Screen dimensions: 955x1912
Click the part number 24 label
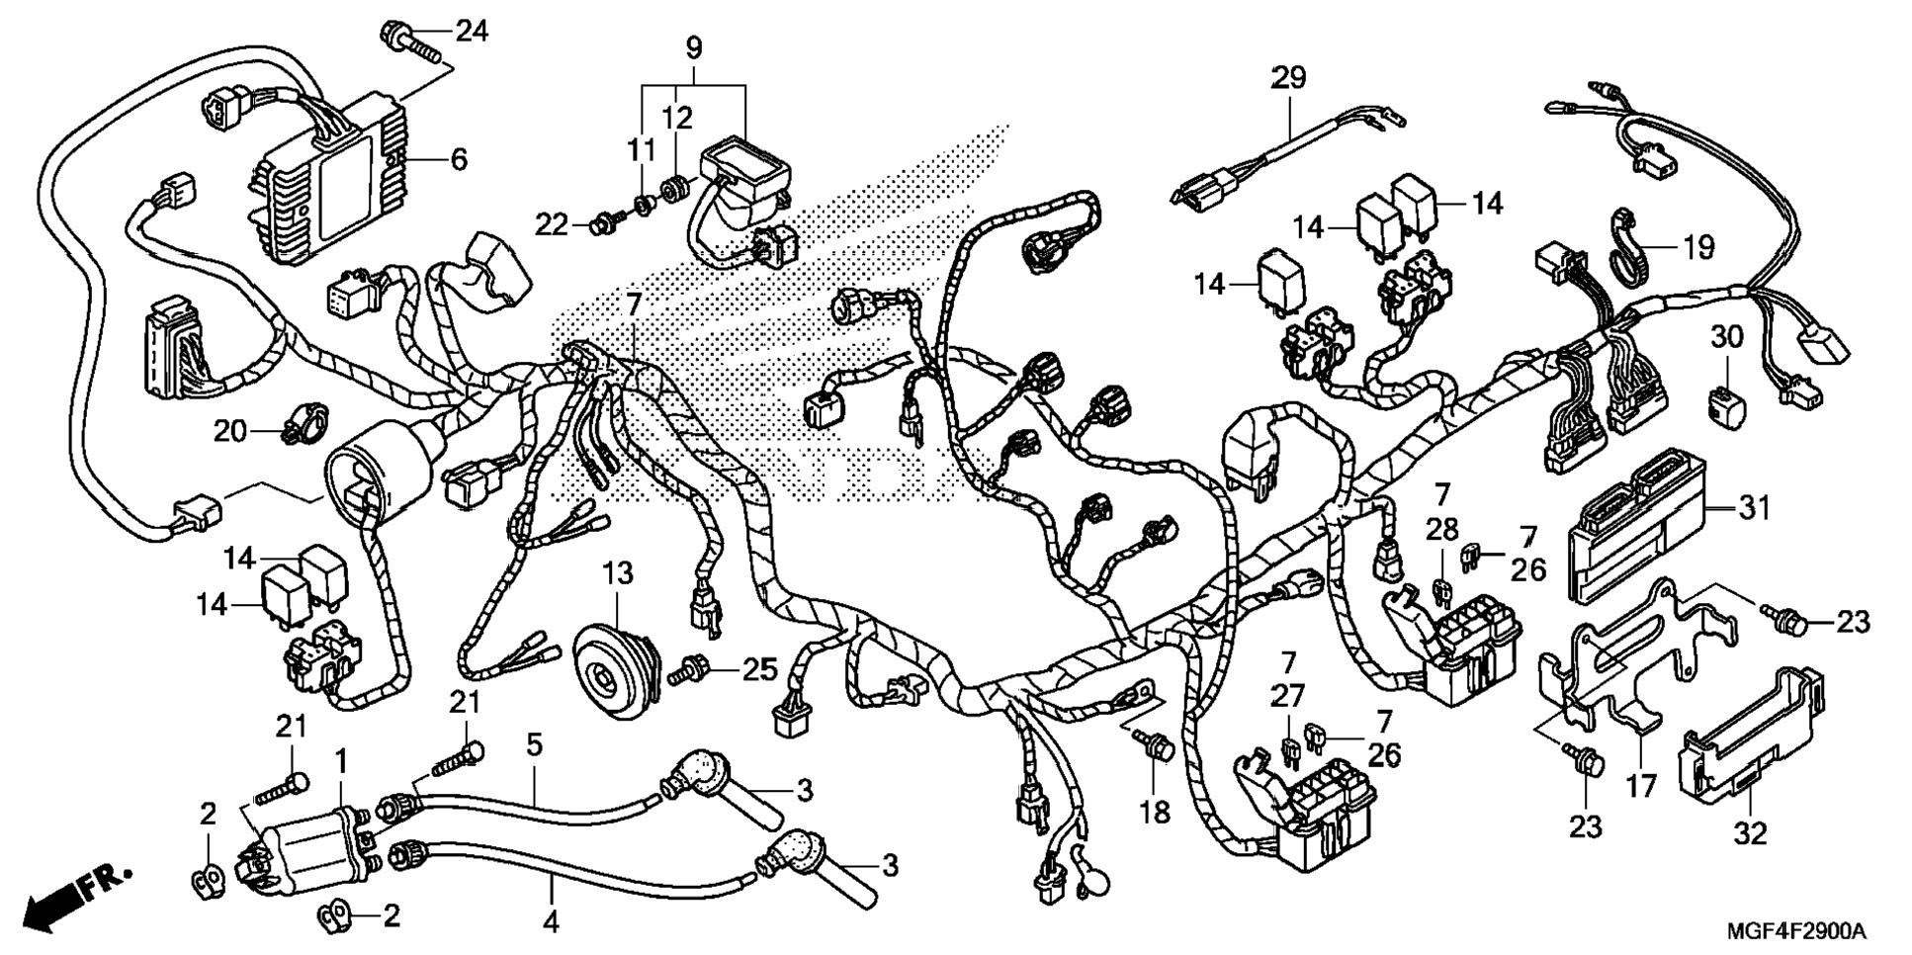pos(471,32)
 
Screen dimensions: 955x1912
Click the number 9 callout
pos(693,46)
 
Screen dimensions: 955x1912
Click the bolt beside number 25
pos(691,672)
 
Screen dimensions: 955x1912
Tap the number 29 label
pos(1288,77)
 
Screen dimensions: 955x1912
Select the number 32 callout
pos(1750,833)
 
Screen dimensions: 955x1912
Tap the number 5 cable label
pos(534,744)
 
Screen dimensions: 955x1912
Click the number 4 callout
pos(551,921)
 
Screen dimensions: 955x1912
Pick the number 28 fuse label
pos(1442,530)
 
